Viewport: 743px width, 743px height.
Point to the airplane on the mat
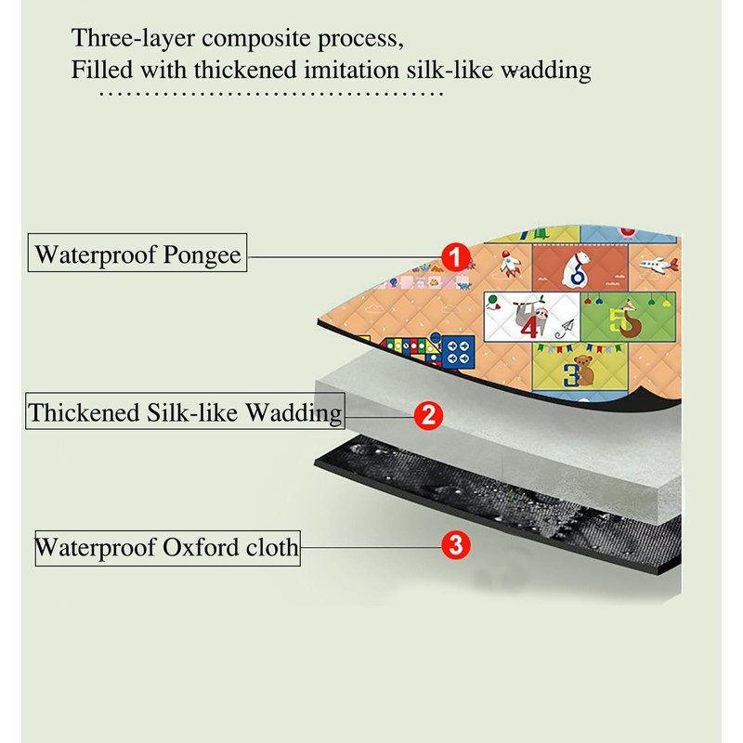(658, 268)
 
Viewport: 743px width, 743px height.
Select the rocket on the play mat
(510, 264)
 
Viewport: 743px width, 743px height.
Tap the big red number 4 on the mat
(529, 327)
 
